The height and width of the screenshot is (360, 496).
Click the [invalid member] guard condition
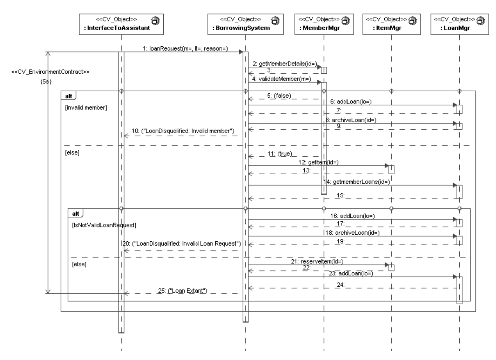(86, 107)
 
